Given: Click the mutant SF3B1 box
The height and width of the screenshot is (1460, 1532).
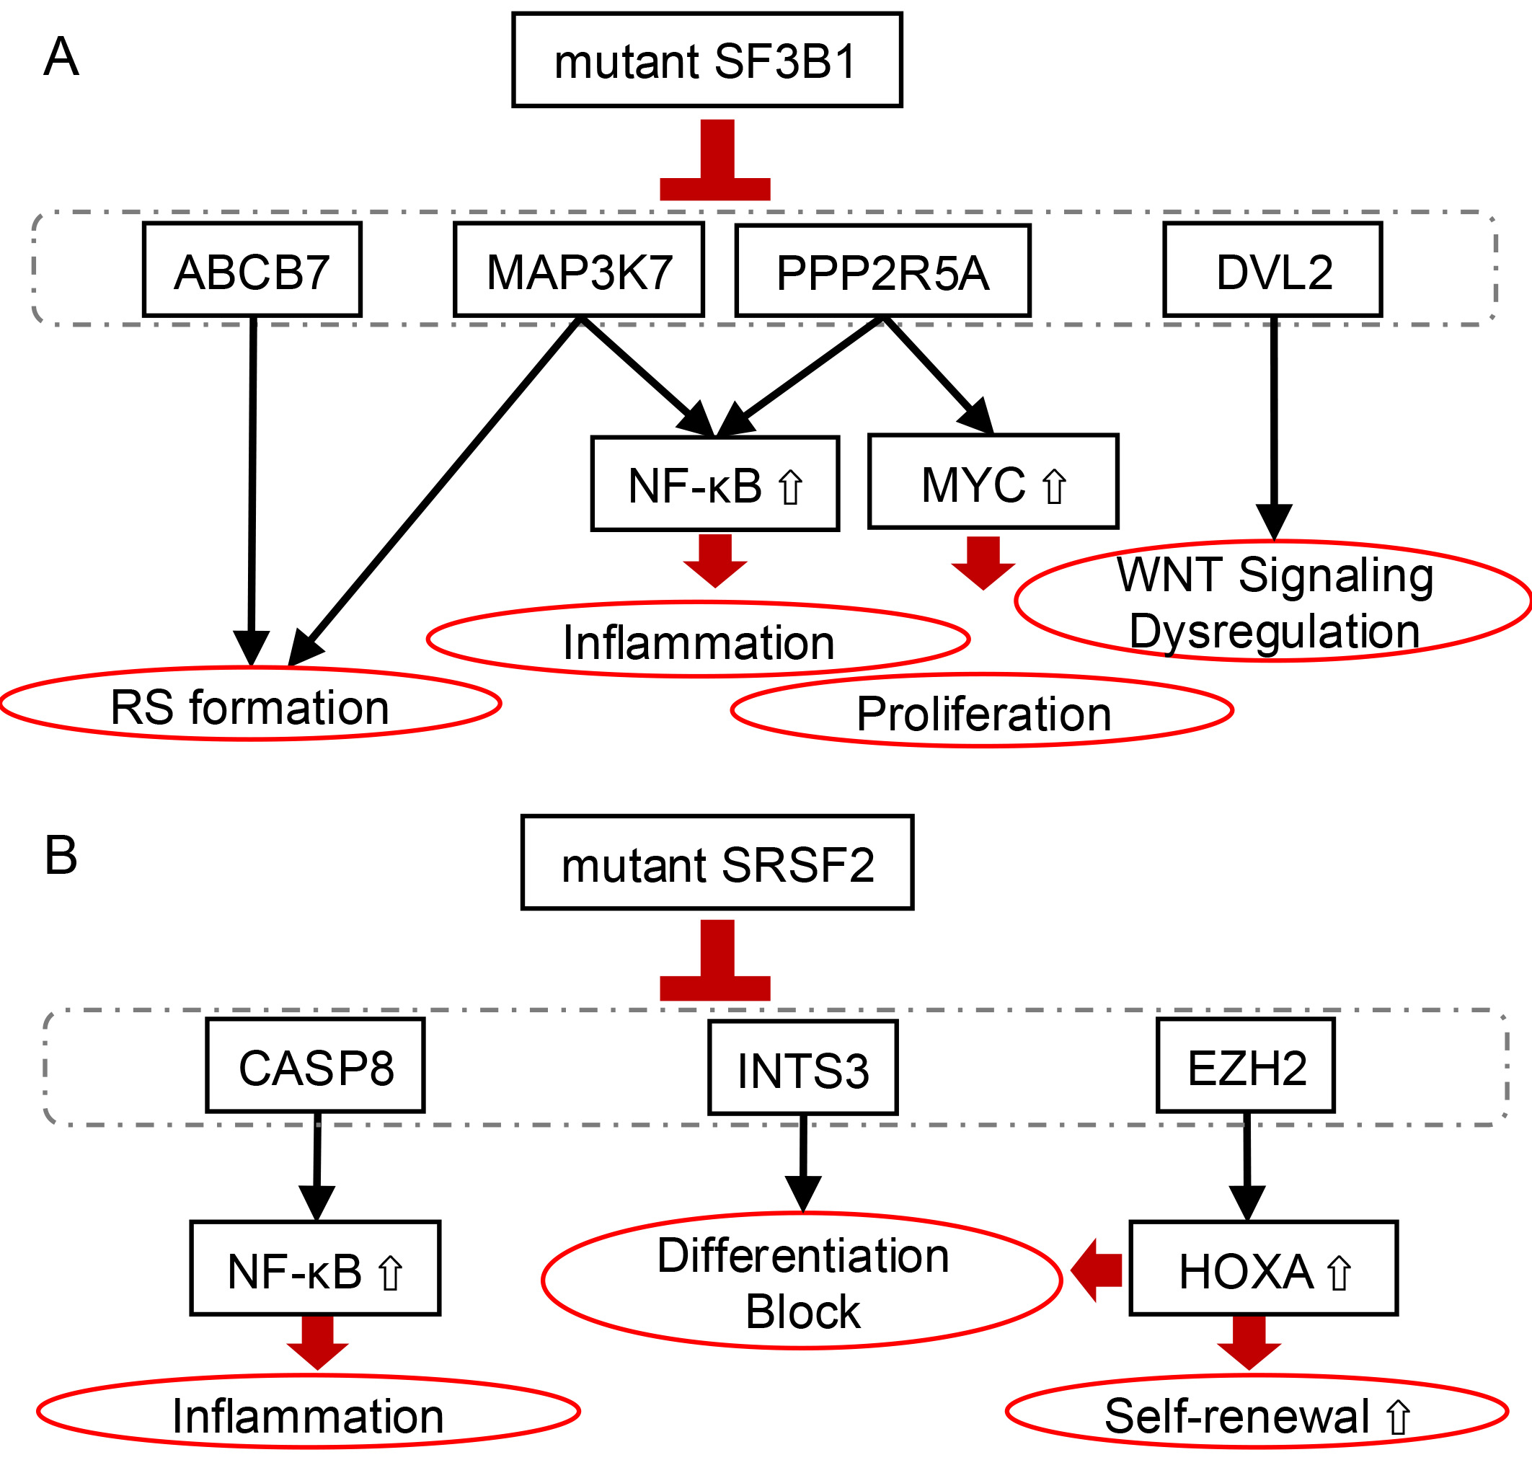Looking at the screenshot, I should click(x=707, y=60).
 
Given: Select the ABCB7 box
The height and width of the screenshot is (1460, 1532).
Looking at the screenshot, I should click(x=252, y=270).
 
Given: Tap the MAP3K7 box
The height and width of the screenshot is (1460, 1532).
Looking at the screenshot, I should click(x=579, y=270).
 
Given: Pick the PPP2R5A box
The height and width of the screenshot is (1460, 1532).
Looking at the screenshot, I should click(x=882, y=271).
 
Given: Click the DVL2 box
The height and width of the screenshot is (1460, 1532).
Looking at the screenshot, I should click(x=1273, y=270).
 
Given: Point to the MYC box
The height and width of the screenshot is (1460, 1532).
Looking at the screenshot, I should click(x=993, y=482).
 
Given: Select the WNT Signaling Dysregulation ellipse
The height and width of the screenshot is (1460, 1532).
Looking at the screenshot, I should click(x=1274, y=601).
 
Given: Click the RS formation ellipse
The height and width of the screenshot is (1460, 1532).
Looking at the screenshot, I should click(x=249, y=704).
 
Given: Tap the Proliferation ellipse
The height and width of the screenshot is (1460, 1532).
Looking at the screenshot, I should click(x=983, y=711).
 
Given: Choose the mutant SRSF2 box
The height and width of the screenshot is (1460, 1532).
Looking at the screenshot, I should click(x=717, y=862).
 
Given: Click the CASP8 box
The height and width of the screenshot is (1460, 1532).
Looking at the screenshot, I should click(x=315, y=1066).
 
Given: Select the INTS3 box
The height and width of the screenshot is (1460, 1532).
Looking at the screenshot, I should click(x=803, y=1068).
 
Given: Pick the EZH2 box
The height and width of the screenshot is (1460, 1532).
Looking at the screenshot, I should click(x=1246, y=1066).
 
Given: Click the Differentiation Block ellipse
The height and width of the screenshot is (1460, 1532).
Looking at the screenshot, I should click(x=802, y=1280).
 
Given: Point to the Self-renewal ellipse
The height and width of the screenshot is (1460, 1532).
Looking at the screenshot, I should click(x=1257, y=1412).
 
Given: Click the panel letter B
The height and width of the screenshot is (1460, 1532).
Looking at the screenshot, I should click(x=61, y=855).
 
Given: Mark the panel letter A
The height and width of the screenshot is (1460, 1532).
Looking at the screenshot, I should click(x=61, y=58).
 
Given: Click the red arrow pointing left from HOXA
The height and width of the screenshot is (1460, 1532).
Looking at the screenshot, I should click(x=1097, y=1270).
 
